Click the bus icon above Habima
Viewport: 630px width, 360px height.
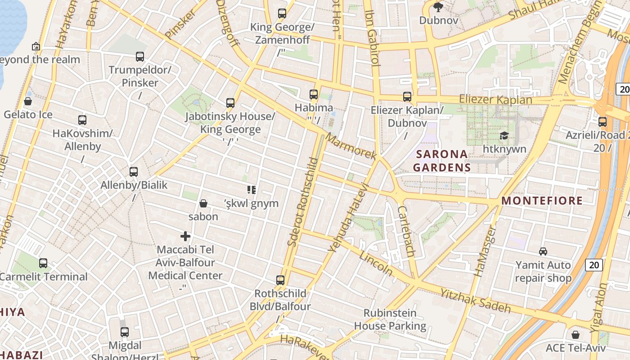point(314,94)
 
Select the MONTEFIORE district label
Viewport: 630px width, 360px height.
point(542,201)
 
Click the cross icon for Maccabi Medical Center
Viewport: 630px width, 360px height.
point(185,236)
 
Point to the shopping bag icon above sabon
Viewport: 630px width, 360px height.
point(203,203)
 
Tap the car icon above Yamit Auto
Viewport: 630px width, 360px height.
point(543,252)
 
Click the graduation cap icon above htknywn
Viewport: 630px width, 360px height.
point(504,136)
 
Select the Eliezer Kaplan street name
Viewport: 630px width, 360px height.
point(495,99)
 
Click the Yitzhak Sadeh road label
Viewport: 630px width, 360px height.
point(476,301)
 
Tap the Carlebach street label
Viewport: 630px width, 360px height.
point(406,232)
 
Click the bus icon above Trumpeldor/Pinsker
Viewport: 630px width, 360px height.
point(140,57)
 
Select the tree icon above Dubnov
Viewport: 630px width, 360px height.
point(438,7)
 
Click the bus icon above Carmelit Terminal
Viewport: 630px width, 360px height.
point(43,263)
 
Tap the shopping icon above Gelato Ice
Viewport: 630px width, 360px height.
point(28,101)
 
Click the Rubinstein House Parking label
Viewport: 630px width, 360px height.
point(390,319)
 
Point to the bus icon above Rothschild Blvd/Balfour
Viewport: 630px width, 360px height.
point(280,280)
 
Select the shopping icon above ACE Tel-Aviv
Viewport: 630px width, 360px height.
point(576,335)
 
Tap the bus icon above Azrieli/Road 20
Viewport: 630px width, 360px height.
point(603,121)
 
